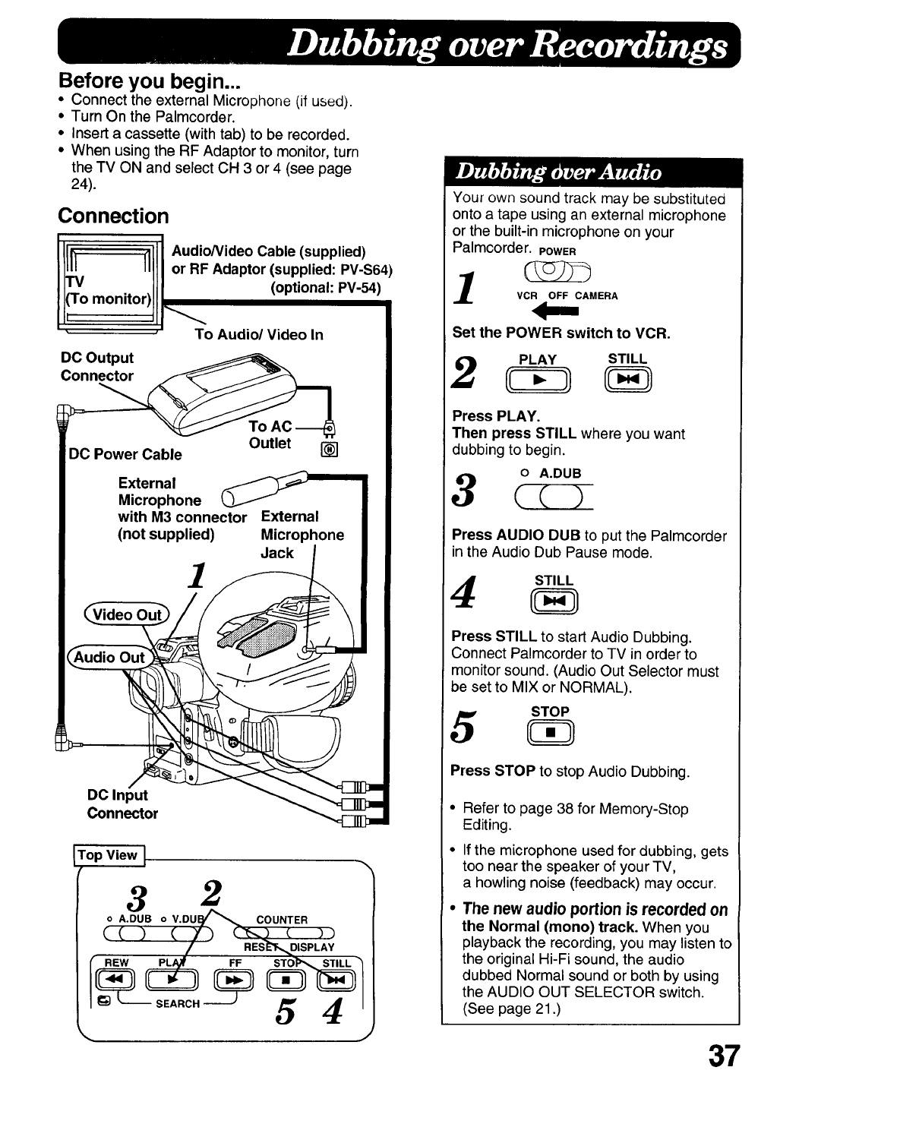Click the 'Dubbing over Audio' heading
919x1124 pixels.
(558, 172)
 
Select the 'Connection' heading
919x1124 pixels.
(114, 216)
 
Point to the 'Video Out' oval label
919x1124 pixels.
(128, 614)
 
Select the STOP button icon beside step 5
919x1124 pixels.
(550, 733)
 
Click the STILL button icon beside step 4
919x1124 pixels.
(554, 604)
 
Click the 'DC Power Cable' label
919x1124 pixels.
(125, 454)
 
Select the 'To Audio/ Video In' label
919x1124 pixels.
(259, 335)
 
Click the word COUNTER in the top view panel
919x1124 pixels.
(282, 920)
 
